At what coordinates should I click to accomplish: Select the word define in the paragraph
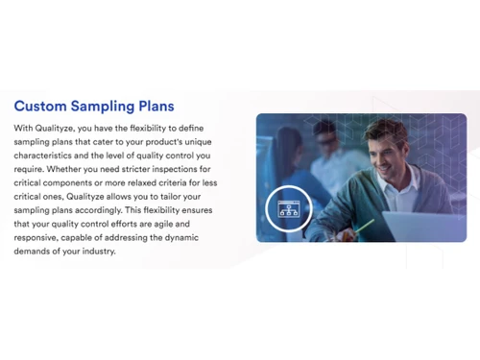pos(214,127)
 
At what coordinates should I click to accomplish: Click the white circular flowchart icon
pos(289,205)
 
